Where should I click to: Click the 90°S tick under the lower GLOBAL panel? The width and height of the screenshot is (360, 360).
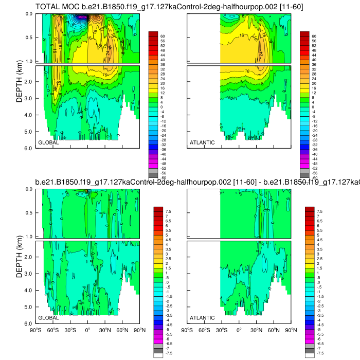click(35, 330)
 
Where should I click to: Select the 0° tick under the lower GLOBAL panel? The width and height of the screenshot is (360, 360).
click(87, 330)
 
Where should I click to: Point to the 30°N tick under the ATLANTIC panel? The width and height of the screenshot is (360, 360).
click(257, 330)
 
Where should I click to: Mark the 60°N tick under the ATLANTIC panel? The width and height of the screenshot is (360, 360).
click(274, 330)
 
